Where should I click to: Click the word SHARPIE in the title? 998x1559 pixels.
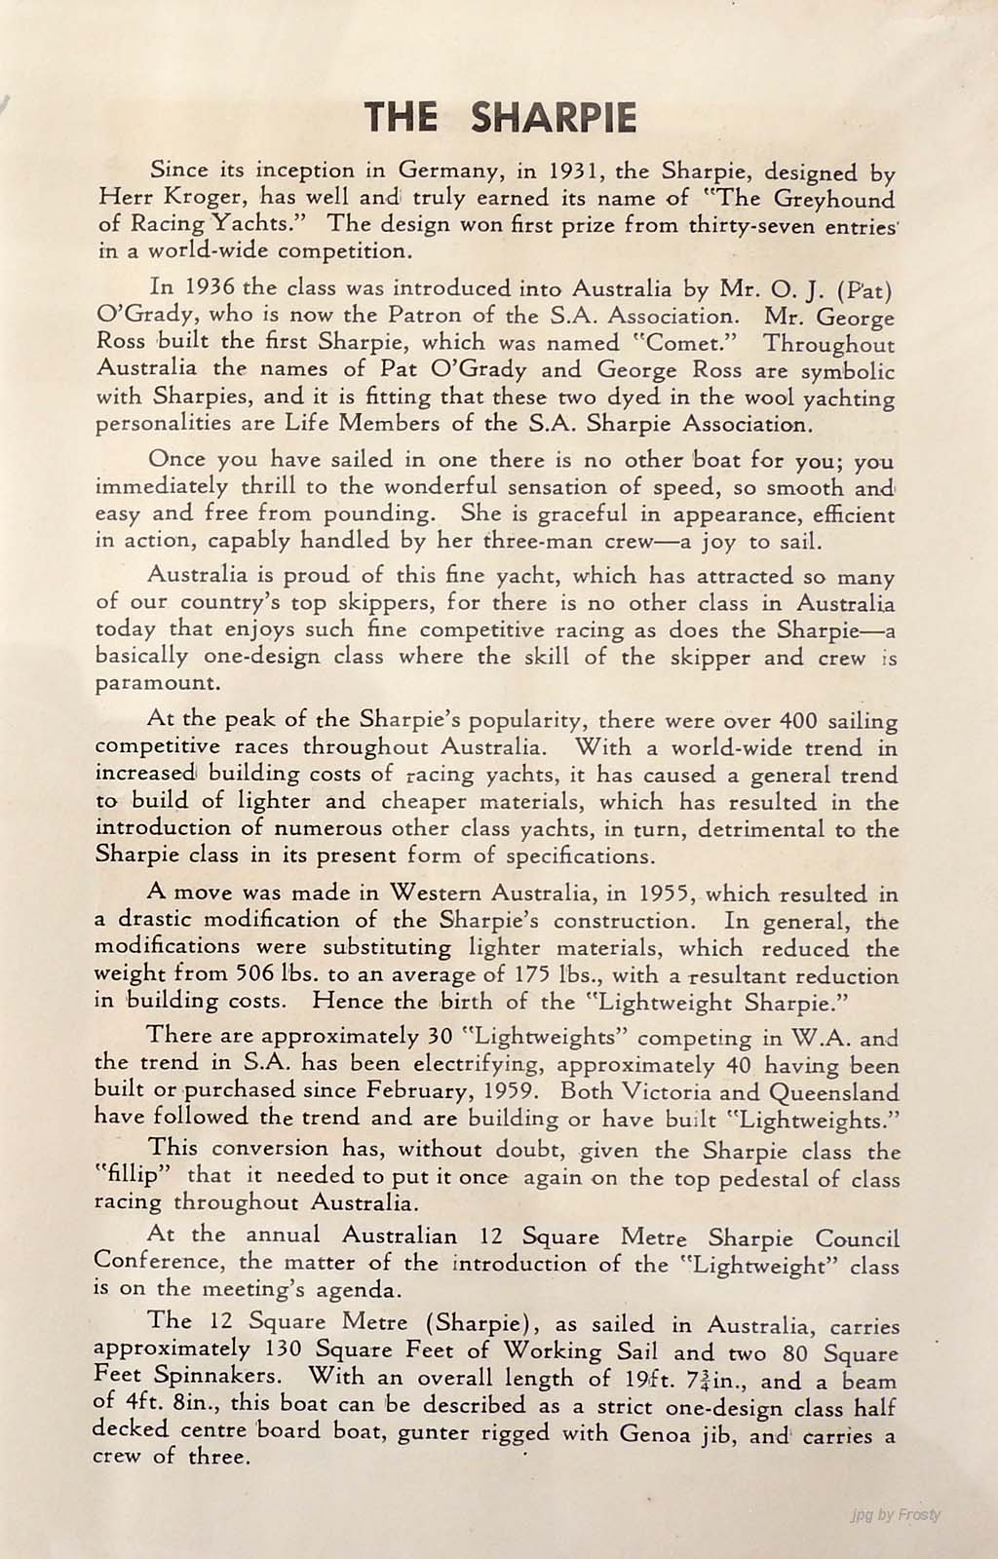554,117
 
